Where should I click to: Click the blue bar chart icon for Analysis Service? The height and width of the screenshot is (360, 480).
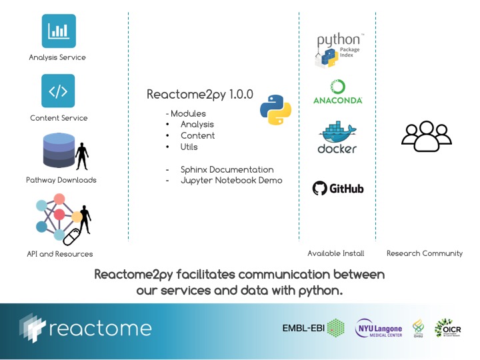(58, 30)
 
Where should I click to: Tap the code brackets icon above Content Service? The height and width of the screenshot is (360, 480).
(58, 91)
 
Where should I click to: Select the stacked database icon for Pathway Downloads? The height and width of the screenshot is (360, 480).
(58, 150)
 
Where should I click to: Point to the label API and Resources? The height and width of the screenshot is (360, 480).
(60, 254)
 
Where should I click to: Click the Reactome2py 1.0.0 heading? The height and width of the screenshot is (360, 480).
(200, 95)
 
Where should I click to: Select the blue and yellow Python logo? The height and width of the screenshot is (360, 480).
(275, 110)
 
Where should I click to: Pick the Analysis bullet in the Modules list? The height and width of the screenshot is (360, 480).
(197, 125)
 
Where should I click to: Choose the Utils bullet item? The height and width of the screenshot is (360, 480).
(189, 147)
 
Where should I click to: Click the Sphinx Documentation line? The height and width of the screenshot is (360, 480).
(227, 169)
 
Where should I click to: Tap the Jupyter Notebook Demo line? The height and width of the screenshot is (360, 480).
(231, 181)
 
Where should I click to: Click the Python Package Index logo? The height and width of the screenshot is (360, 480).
(339, 50)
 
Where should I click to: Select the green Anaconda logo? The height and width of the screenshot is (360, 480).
(337, 92)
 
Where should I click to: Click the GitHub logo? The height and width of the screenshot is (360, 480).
(338, 189)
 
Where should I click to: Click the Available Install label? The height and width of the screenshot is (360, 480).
(335, 253)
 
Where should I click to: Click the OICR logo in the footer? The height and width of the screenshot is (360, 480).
(447, 328)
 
